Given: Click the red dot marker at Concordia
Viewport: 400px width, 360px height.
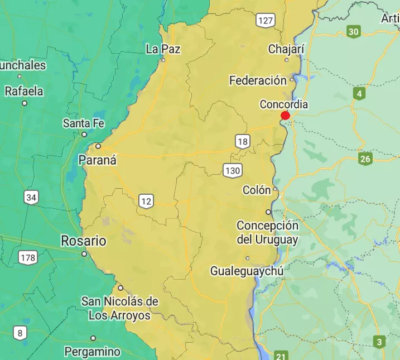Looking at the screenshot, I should [x=285, y=116].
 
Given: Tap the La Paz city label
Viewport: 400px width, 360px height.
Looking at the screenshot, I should [x=163, y=49].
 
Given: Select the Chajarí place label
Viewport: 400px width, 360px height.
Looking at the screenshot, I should [x=286, y=49].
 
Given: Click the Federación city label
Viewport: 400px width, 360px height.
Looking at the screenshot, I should [x=258, y=81].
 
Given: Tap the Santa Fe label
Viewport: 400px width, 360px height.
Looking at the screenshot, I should [x=83, y=123].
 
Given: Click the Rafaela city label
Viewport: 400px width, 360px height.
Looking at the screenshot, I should [x=24, y=91].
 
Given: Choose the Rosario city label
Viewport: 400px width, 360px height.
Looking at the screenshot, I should [x=83, y=241].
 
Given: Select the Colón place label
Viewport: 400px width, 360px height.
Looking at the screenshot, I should [x=257, y=190].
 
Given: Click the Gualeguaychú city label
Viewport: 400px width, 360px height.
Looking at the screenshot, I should [x=247, y=271].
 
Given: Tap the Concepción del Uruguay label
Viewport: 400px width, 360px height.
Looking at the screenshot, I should [x=267, y=233].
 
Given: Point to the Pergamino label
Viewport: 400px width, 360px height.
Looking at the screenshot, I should [x=92, y=352].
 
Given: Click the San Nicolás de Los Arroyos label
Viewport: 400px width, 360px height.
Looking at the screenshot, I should [x=120, y=308].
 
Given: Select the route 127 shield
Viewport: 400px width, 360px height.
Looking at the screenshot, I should [x=266, y=21].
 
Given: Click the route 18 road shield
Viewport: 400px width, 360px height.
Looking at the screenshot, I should [x=242, y=141].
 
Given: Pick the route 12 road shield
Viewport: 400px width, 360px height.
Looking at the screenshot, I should [x=146, y=201].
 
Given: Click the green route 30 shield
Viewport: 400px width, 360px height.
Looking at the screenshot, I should [x=353, y=32].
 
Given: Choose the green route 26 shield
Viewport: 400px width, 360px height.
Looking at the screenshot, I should [x=365, y=160].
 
